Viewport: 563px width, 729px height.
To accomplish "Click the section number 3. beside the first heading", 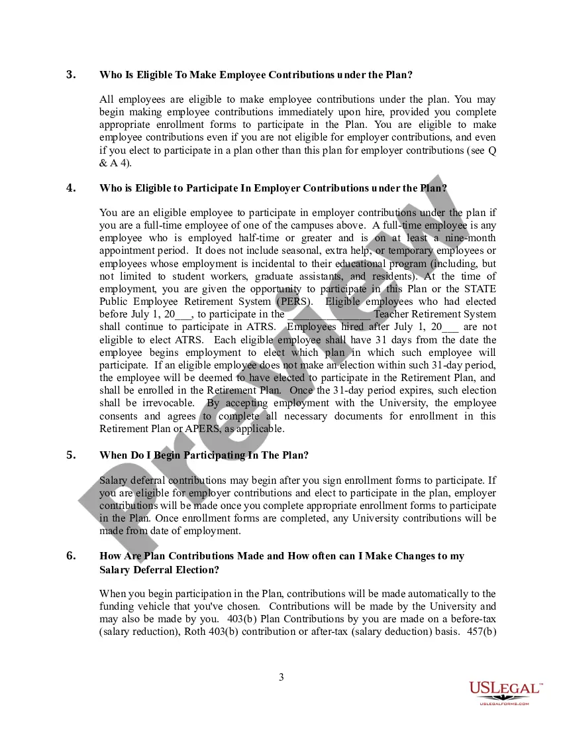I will click(71, 74).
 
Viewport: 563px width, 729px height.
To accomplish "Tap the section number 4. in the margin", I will click(71, 188).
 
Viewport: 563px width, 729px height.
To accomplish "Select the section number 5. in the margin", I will click(71, 455).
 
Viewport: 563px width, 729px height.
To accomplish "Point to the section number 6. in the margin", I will click(71, 556).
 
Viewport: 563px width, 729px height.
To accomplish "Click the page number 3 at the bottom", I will click(281, 677).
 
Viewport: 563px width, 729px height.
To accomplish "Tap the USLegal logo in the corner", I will click(505, 693).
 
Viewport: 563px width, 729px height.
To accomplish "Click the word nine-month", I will click(470, 238).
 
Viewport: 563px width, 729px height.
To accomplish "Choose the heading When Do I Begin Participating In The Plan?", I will click(204, 455).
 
